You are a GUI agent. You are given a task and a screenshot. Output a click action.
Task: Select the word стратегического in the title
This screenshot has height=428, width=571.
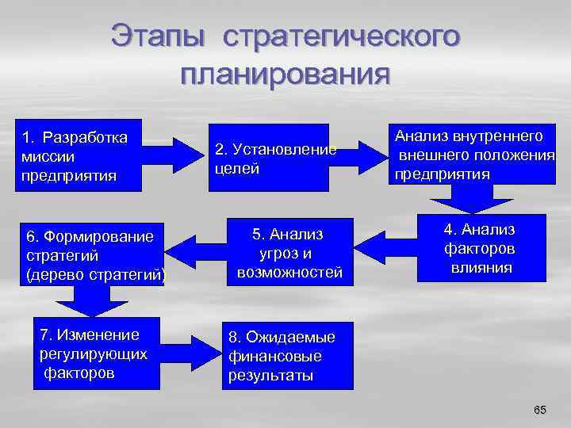coord(341,36)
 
